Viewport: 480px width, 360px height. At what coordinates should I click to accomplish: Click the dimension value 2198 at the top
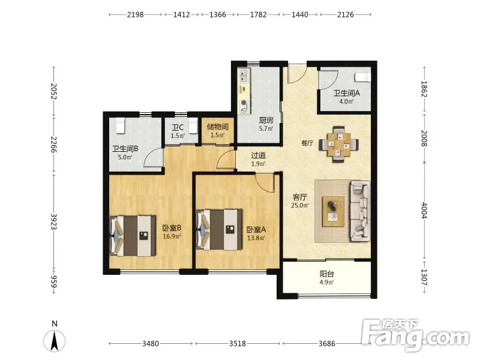coord(136,14)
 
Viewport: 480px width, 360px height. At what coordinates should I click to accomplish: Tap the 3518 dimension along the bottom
coord(238,343)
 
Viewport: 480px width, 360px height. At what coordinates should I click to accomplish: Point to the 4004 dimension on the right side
coord(424,211)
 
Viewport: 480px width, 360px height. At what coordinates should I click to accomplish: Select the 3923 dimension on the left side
coord(53,221)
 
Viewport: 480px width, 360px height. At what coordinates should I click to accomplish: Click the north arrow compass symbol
coord(55,340)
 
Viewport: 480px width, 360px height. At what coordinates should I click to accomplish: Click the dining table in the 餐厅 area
coord(338,144)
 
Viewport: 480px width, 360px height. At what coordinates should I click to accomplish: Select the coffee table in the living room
coord(333,212)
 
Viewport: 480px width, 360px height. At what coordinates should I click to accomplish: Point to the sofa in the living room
coord(360,211)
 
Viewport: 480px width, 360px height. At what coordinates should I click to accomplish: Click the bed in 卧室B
coord(133,236)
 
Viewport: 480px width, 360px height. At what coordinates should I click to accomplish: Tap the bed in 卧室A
coord(219,230)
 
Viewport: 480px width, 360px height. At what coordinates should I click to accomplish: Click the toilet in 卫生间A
coord(362,77)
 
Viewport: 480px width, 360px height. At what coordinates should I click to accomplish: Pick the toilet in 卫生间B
coord(121,125)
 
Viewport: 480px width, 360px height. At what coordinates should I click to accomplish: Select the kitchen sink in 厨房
coord(244,76)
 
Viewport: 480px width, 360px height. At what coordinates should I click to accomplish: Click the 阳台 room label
coord(327,274)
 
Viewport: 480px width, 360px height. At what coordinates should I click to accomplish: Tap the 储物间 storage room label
coord(217,127)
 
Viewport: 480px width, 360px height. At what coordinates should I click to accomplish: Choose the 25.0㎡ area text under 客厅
coord(300,205)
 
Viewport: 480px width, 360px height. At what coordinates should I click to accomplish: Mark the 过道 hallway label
coord(258,155)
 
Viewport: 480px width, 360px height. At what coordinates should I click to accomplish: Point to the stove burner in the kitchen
coord(244,103)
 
